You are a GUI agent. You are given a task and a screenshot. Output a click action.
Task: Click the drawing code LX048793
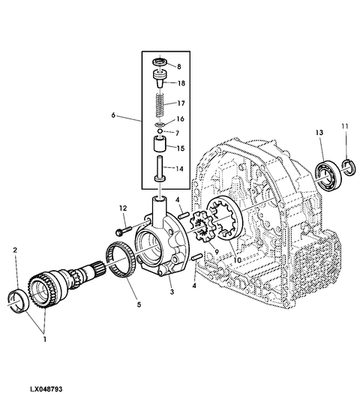pyautogui.click(x=46, y=389)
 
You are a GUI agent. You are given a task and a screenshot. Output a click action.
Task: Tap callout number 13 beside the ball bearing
pyautogui.click(x=319, y=133)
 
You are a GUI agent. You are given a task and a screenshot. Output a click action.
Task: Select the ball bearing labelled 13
pyautogui.click(x=328, y=177)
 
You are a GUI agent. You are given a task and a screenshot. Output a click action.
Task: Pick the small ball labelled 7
pyautogui.click(x=160, y=130)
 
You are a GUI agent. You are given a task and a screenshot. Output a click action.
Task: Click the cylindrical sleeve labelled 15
pyautogui.click(x=159, y=144)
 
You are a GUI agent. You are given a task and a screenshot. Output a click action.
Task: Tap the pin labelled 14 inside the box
pyautogui.click(x=159, y=169)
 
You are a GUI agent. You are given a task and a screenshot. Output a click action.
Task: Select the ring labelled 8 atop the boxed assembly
pyautogui.click(x=159, y=62)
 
